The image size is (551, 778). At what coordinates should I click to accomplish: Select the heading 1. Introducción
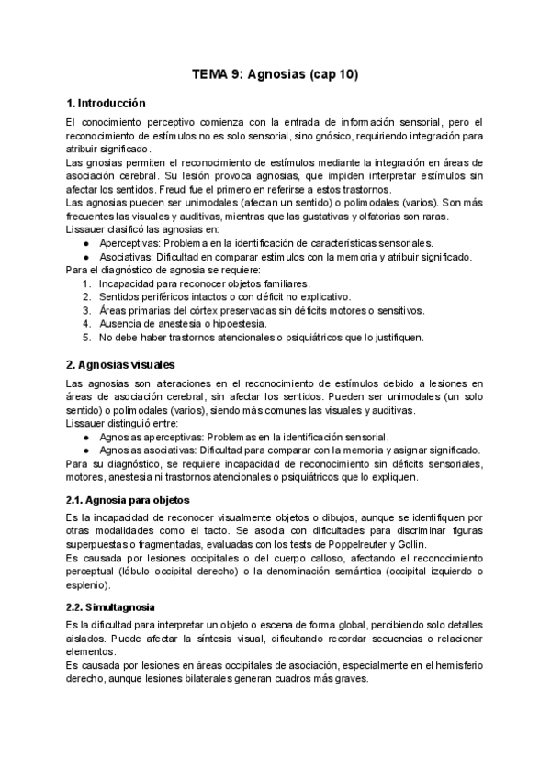107,103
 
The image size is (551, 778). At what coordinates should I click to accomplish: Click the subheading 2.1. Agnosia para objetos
129,500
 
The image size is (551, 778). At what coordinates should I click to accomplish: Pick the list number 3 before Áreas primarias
85,310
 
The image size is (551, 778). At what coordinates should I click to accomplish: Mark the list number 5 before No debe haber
85,337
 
